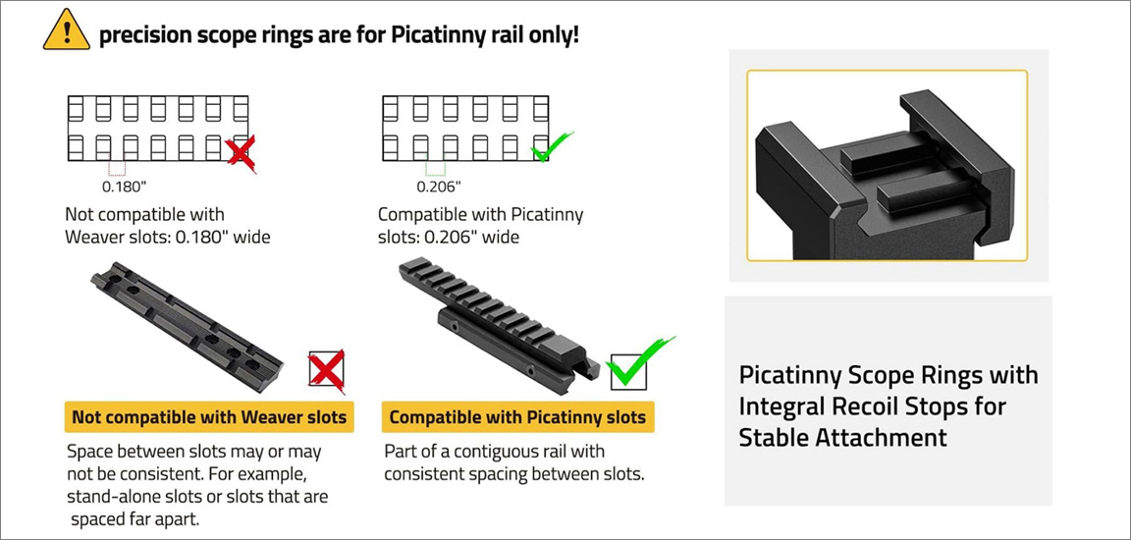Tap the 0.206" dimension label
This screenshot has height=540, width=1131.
click(x=439, y=188)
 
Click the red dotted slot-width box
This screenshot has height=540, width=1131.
click(x=117, y=167)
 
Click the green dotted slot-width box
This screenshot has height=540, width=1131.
click(x=436, y=167)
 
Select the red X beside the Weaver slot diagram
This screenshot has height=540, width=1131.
click(x=241, y=154)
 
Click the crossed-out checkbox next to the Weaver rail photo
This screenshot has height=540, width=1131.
click(x=326, y=370)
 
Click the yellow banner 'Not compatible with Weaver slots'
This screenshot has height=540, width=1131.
click(x=209, y=416)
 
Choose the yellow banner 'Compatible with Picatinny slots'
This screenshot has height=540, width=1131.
click(x=518, y=416)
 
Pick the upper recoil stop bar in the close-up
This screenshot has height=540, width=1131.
click(x=891, y=153)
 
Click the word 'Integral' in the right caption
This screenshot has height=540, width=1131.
click(x=779, y=405)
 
